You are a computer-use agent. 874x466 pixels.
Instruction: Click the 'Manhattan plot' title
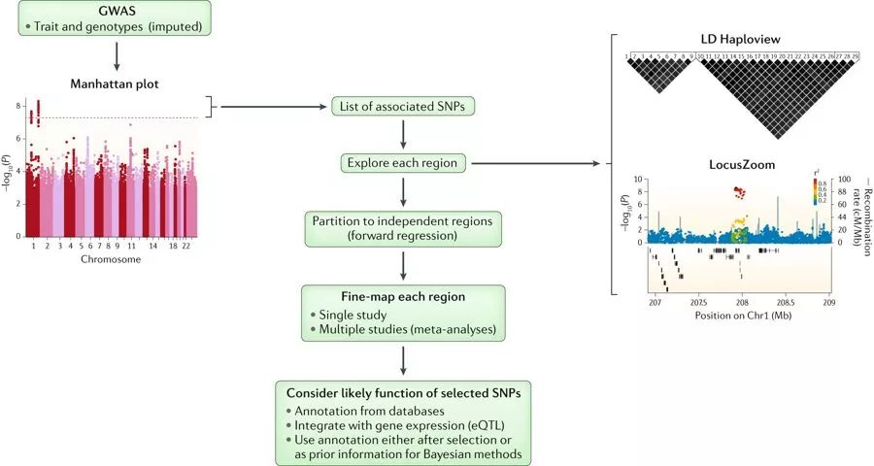coord(116,83)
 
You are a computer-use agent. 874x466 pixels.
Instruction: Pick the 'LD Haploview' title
coord(740,39)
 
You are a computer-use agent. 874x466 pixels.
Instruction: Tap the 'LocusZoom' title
coord(740,164)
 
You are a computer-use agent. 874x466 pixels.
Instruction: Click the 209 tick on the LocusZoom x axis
coord(828,303)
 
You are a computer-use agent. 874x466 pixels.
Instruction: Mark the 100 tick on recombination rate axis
coord(845,180)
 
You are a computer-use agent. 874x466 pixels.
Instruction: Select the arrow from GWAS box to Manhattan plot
coord(117,55)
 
